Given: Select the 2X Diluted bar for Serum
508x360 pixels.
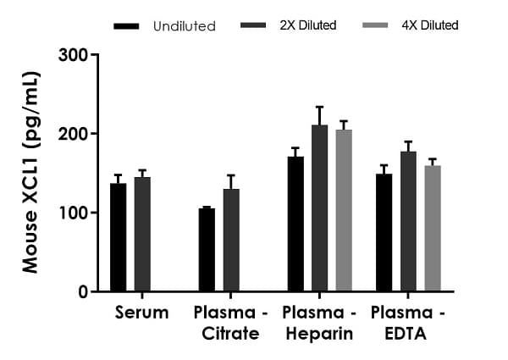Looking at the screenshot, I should point(142,234).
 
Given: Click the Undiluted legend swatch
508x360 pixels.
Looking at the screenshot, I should point(125,26).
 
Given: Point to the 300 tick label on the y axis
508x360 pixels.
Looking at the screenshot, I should point(75,56).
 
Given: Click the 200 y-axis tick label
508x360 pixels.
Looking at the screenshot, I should point(75,134).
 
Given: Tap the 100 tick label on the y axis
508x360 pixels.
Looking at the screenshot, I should point(75,213).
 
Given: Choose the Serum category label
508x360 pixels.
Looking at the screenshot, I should point(141,313).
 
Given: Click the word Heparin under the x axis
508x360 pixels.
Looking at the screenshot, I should point(319,334).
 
